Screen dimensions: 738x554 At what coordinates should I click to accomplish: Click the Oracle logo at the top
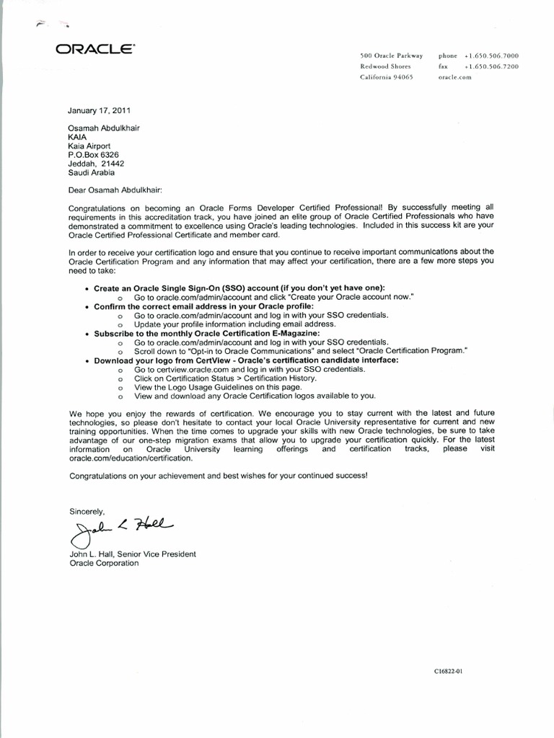(94, 50)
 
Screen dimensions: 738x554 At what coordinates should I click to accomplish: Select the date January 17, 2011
(100, 111)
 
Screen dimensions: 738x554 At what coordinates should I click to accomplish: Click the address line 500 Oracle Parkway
(391, 55)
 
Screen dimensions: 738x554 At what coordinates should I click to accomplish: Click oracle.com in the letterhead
(454, 76)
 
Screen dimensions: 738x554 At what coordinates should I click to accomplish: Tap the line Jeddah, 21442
(92, 164)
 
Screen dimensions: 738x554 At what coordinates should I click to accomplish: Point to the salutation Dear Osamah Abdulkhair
(116, 190)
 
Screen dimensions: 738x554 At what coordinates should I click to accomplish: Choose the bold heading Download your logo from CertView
(246, 360)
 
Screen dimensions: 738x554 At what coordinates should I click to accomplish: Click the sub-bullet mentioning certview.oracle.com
(249, 368)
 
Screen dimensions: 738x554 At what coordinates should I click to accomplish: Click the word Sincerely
(87, 511)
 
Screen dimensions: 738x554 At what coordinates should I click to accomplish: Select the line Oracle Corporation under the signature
(103, 564)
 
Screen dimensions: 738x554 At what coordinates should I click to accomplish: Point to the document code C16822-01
(447, 671)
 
